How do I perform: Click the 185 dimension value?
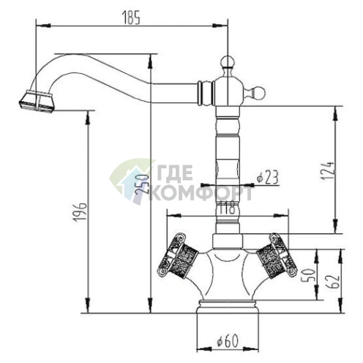pos(131,18)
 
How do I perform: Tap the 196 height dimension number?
pos(81,212)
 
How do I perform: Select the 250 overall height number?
pos(142,184)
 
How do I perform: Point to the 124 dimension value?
pos(327,171)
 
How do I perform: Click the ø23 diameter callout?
pos(267,177)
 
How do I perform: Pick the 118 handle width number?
pos(227,207)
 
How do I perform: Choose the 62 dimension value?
pos(333,282)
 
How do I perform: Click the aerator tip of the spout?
pos(37,101)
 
